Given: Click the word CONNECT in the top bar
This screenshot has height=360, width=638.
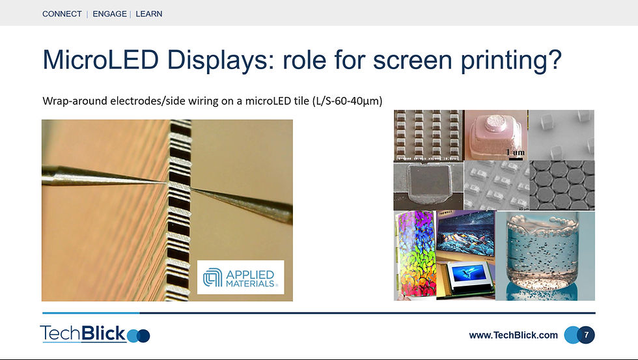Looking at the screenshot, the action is [62, 14].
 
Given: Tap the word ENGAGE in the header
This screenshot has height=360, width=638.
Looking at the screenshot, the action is [109, 14].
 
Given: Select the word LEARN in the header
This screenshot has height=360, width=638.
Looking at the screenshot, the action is [149, 14].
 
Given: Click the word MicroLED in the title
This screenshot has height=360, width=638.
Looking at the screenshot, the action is [100, 59].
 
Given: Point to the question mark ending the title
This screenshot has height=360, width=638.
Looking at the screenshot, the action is [555, 59].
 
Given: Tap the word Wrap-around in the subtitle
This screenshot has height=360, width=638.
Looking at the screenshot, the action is [75, 101].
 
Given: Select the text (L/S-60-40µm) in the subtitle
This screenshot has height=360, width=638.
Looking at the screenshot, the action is [347, 101].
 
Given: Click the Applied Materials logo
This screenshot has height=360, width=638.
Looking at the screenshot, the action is [240, 277].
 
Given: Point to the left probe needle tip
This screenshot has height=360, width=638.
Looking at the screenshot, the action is [166, 183].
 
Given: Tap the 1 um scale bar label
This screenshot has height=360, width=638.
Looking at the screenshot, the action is [515, 152].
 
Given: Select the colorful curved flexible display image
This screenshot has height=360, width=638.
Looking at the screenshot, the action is [415, 255].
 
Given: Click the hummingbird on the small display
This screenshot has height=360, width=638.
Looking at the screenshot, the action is [469, 271].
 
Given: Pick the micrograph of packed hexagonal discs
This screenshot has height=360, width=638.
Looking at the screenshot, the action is [562, 185].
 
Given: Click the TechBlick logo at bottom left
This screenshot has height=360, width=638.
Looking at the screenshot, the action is [95, 334].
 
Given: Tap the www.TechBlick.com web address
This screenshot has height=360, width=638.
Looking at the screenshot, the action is [513, 335].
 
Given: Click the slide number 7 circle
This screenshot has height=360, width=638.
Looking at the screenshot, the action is [586, 335].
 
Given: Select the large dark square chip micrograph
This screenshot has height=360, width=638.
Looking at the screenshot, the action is [428, 185].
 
